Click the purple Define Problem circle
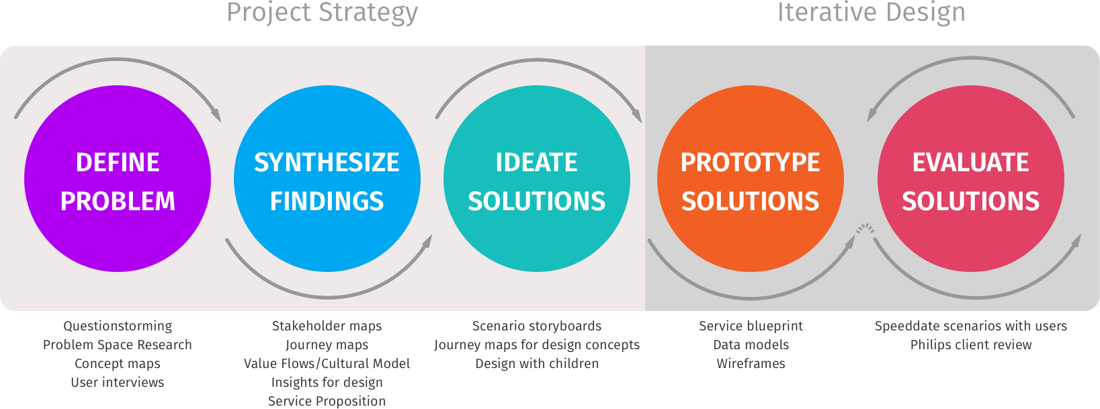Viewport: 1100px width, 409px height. click(x=118, y=179)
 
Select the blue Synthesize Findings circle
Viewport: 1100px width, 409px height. click(x=327, y=179)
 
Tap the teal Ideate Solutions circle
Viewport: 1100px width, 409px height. click(x=537, y=179)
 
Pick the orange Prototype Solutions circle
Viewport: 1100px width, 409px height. click(x=751, y=179)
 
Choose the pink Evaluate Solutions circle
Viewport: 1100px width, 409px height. click(x=971, y=179)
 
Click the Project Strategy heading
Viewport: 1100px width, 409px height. click(x=322, y=13)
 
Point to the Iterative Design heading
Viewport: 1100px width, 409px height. click(x=871, y=12)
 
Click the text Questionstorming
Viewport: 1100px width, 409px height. click(x=118, y=326)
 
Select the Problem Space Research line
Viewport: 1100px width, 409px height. click(x=118, y=345)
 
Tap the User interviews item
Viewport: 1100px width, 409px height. click(x=118, y=383)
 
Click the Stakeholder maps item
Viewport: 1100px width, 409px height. click(x=327, y=326)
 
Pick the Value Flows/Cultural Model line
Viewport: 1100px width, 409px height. click(x=327, y=364)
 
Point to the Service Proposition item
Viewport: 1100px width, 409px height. click(x=327, y=401)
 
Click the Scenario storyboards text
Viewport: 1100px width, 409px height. click(x=537, y=326)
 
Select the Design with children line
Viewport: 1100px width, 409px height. click(x=537, y=364)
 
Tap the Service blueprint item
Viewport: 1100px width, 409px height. click(x=751, y=326)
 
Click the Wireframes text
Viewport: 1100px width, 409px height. click(x=751, y=364)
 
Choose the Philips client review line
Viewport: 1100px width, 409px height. click(x=971, y=345)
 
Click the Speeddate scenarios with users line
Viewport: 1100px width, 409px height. click(x=971, y=326)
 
